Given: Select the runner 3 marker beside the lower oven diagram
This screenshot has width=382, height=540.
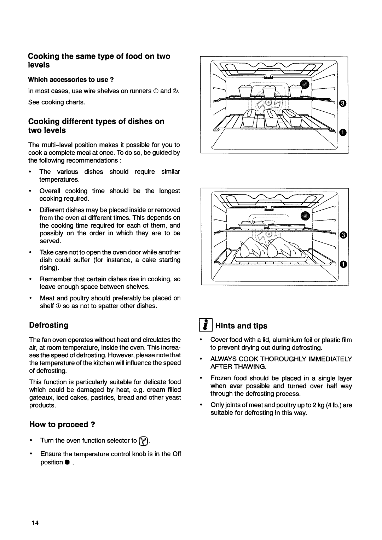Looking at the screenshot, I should [x=342, y=235].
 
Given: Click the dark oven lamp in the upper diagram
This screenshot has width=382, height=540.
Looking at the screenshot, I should [x=305, y=84].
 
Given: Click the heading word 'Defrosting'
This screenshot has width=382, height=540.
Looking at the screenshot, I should [x=48, y=324].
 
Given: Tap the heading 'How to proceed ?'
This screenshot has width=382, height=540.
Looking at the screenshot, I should [x=62, y=424].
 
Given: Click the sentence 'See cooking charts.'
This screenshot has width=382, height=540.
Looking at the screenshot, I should [x=57, y=102].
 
